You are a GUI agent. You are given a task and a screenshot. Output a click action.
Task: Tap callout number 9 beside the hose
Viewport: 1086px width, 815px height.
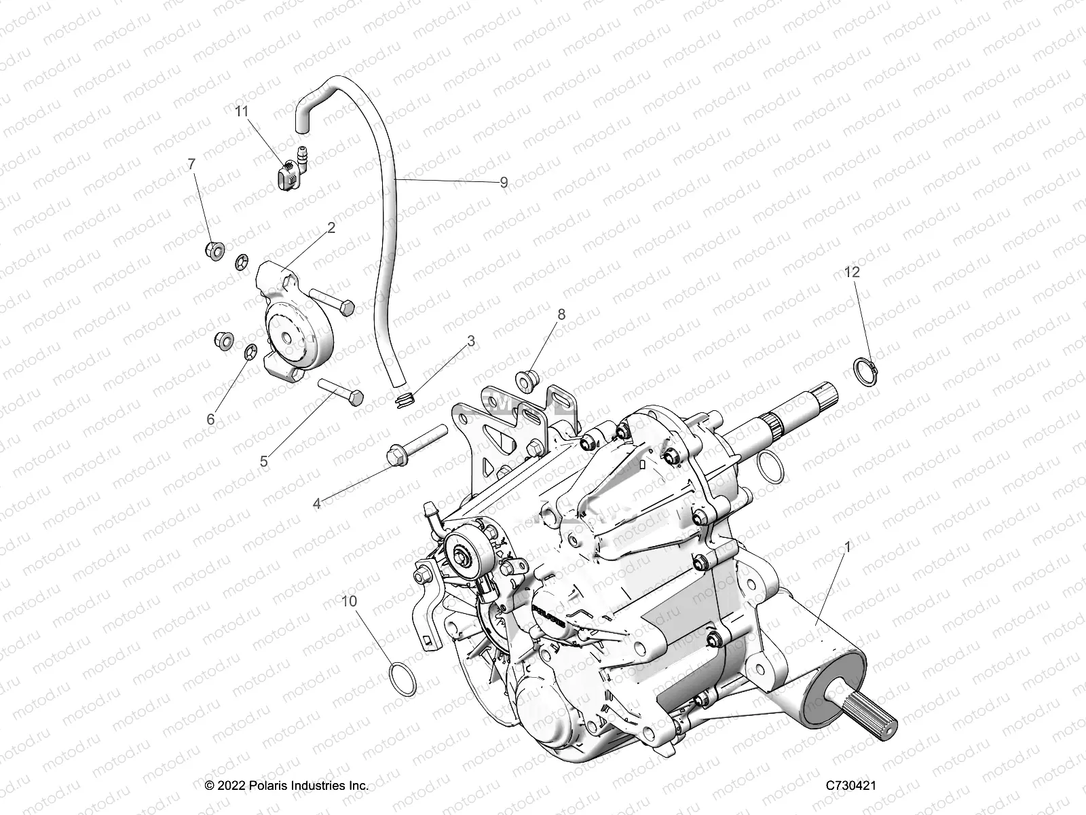[504, 183]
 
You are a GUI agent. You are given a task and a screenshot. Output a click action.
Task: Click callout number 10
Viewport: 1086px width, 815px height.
[349, 601]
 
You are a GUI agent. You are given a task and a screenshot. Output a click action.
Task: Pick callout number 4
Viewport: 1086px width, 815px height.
[316, 503]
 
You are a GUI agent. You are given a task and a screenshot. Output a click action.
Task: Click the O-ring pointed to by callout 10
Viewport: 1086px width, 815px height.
[404, 679]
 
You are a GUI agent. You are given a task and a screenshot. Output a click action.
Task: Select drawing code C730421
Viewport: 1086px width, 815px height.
[851, 785]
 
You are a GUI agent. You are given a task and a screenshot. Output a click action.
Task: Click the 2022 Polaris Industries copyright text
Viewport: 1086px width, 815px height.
[287, 785]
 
